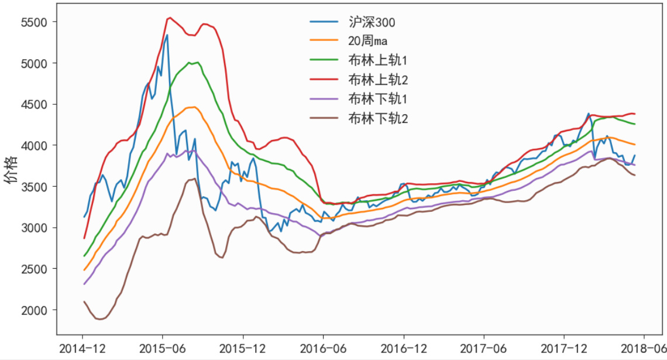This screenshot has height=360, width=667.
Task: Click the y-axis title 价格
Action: coord(11,170)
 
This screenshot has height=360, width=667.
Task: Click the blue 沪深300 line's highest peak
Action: coord(167,35)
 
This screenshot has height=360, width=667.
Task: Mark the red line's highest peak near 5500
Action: coord(170,18)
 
